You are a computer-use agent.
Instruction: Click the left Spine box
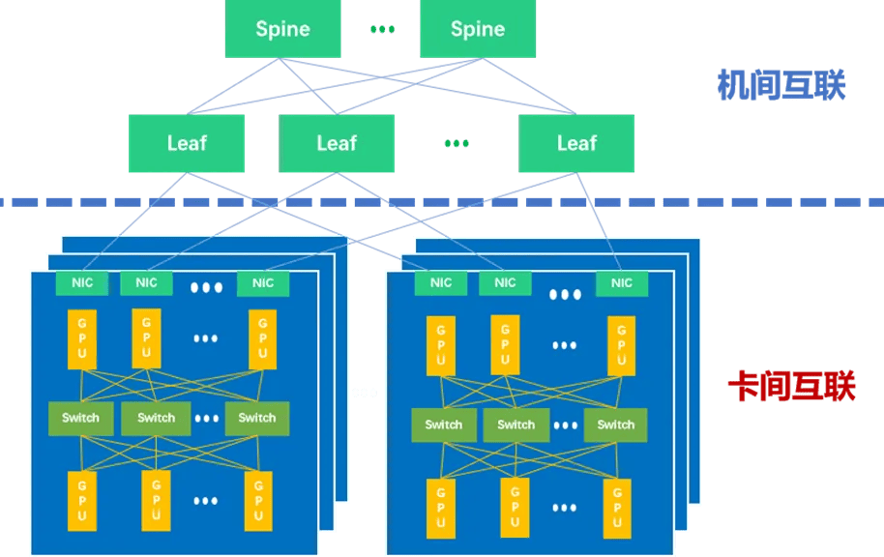point(282,29)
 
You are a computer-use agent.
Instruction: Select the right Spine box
point(478,29)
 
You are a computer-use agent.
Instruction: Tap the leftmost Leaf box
point(187,143)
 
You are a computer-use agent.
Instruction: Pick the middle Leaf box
point(337,143)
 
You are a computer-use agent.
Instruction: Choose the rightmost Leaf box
point(576,143)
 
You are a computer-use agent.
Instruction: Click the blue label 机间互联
point(781,85)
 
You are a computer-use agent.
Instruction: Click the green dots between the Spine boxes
point(382,30)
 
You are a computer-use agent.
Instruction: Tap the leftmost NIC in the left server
point(81,283)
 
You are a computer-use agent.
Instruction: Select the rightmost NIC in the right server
point(622,283)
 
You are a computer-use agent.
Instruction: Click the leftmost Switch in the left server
point(80,418)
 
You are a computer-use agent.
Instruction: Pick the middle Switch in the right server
point(516,425)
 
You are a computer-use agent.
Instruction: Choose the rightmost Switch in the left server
point(256,418)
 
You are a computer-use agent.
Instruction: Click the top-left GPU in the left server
point(81,338)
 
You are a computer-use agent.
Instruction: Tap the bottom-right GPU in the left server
point(258,500)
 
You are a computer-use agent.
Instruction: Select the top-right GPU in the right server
point(621,345)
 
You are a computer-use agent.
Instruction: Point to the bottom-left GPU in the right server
point(441,507)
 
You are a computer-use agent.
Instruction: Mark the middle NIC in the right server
point(505,283)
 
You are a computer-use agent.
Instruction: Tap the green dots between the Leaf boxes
point(456,144)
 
